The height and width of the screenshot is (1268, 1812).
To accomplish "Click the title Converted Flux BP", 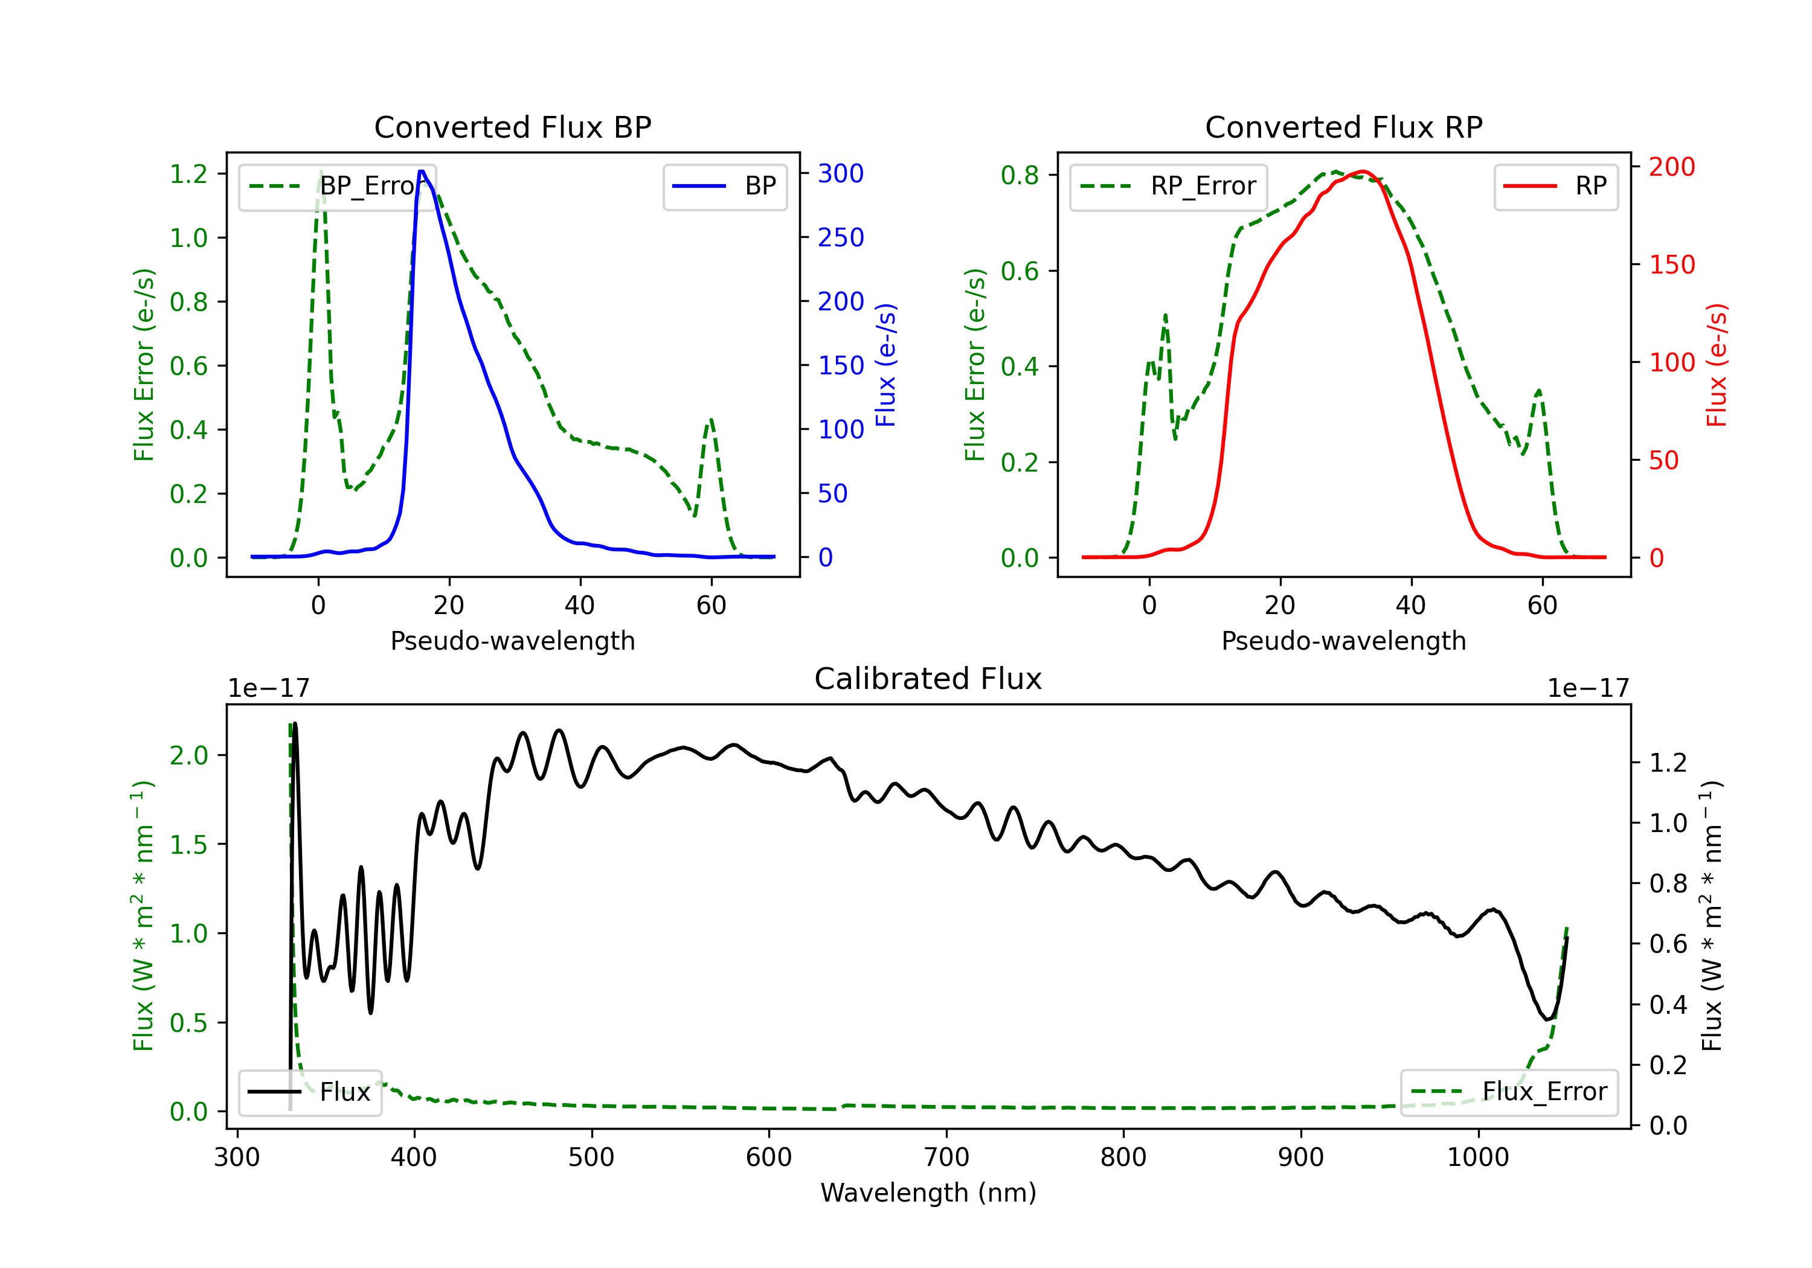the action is click(512, 127).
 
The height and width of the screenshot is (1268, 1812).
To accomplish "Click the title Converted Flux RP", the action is click(1343, 127).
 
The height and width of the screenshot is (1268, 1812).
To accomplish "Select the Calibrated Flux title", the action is click(928, 679).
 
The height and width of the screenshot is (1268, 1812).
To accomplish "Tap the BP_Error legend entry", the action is click(338, 186).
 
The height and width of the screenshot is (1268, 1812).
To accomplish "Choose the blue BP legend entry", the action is click(724, 186).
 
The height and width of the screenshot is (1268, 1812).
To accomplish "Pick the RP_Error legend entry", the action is click(1168, 186).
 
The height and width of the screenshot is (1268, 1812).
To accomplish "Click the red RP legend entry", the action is click(1555, 186).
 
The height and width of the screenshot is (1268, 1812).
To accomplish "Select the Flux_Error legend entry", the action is click(1509, 1092).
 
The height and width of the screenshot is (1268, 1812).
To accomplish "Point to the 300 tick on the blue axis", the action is click(841, 173).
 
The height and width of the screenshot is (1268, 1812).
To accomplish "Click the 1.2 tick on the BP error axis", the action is click(188, 173).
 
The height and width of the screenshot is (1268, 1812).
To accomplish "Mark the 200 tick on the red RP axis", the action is click(1671, 167).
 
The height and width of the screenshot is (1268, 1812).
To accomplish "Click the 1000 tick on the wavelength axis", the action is click(1477, 1158).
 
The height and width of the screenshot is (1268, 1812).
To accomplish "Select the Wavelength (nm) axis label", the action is click(928, 1193).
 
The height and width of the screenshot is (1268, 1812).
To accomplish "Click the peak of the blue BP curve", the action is click(422, 171).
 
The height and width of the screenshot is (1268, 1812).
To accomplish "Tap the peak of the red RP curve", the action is click(1363, 171).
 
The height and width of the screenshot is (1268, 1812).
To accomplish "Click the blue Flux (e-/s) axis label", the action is click(885, 365).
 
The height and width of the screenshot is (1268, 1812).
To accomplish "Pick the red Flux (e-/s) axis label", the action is click(1717, 365).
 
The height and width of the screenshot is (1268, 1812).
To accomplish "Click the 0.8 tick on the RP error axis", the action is click(1020, 175).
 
